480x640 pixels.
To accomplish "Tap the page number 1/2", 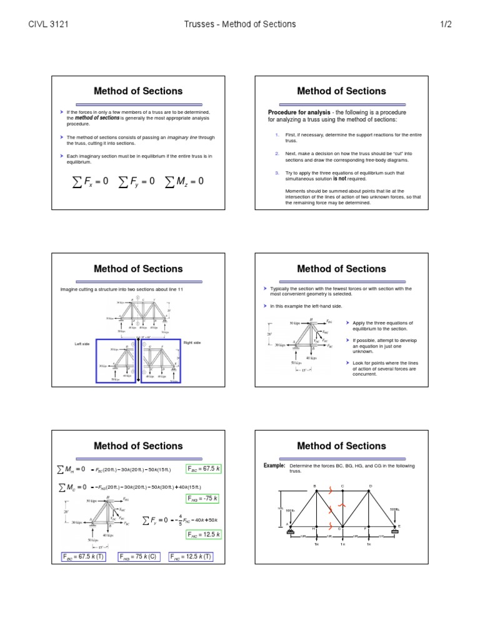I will click(x=449, y=24).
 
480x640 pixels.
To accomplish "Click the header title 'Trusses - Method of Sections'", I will click(x=240, y=24).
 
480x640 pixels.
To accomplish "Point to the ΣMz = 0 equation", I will click(x=185, y=181).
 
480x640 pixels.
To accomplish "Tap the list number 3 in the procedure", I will click(x=276, y=173).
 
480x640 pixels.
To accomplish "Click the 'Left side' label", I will click(x=82, y=344).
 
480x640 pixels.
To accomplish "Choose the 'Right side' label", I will click(x=192, y=342).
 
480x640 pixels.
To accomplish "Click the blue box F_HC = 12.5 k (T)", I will click(x=191, y=557).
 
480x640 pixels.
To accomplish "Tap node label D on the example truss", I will click(x=371, y=486).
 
